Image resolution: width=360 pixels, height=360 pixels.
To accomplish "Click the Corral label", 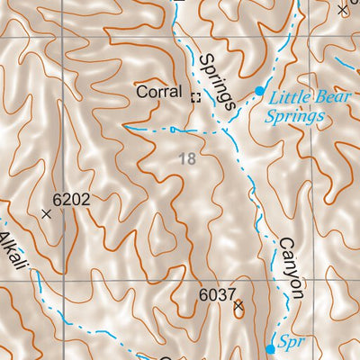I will click(158, 92).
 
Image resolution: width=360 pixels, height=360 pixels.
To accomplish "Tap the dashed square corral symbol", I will click(194, 97).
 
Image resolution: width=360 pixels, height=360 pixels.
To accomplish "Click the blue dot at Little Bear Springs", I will click(259, 91).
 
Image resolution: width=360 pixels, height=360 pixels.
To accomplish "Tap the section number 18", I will click(186, 159).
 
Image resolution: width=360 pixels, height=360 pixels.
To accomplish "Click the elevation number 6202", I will click(71, 199).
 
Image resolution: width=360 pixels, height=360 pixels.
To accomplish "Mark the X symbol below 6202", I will click(47, 214).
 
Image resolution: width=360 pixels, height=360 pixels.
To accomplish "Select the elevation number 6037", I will click(217, 294).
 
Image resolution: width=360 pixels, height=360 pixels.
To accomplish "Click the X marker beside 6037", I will click(238, 307).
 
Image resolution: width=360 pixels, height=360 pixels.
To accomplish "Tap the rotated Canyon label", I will click(291, 267).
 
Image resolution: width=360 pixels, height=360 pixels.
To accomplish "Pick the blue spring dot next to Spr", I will click(270, 348).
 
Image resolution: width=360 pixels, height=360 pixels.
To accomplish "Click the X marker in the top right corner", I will click(342, 10).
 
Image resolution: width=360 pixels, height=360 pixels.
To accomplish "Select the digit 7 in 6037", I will click(230, 294).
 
